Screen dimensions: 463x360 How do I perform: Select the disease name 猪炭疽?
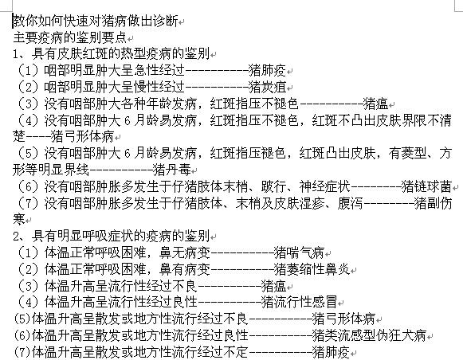coord(268,87)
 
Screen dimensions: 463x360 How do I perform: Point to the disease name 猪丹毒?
coord(172,170)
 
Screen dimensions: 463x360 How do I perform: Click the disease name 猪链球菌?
coord(426,186)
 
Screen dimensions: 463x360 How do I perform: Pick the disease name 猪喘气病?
coord(300,253)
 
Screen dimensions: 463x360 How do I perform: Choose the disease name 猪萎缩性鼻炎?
coord(312,269)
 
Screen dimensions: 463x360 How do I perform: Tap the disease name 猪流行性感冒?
coord(300,302)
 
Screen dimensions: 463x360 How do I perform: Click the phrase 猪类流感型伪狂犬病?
coord(370,335)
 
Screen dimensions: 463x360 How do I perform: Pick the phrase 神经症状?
coord(325,186)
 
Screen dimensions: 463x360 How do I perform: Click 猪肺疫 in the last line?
coord(332,352)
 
